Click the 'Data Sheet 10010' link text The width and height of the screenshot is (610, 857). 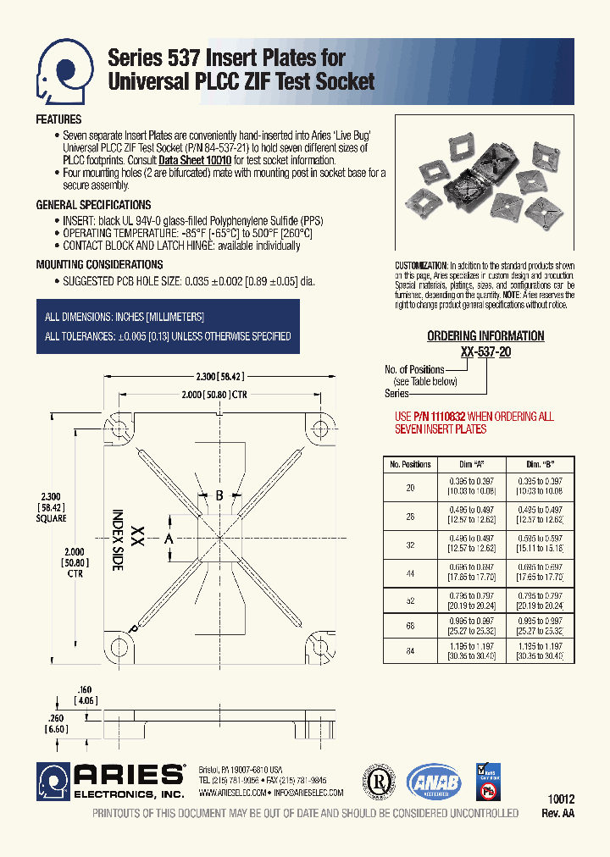click(x=194, y=160)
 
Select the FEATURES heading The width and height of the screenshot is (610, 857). click(x=58, y=120)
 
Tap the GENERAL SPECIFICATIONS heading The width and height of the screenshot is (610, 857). click(x=93, y=205)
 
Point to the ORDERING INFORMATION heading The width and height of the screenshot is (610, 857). click(x=485, y=336)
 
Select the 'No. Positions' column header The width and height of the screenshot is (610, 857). click(x=410, y=464)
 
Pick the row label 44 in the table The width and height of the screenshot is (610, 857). click(x=410, y=574)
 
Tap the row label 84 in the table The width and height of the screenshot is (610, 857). click(x=410, y=651)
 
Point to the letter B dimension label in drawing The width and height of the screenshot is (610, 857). click(x=219, y=495)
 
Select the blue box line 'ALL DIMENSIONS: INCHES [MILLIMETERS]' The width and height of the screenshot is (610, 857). click(x=125, y=318)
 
